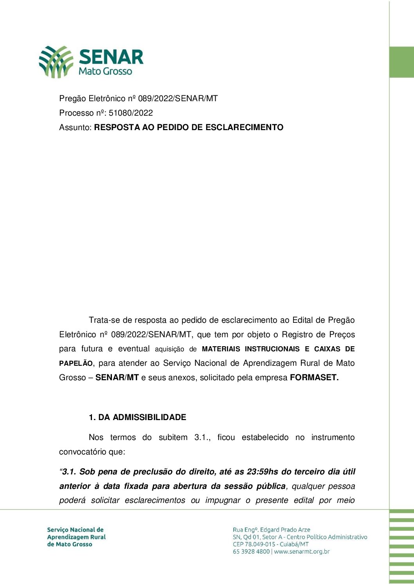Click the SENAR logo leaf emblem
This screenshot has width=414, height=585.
[56, 61]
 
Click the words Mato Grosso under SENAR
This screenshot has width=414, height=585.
[105, 72]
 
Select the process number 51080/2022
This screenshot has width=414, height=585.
[131, 113]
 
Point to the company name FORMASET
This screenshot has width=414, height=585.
[314, 377]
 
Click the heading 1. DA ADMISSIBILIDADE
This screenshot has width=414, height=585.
[137, 417]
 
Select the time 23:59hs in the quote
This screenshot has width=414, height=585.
[262, 472]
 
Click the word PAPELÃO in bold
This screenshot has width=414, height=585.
[76, 363]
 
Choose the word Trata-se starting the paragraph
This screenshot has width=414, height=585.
[104, 320]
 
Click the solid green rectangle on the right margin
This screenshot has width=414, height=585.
[401, 62]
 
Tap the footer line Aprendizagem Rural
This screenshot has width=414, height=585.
[76, 537]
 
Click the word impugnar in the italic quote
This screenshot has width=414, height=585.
[223, 501]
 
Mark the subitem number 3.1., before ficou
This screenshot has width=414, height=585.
[202, 437]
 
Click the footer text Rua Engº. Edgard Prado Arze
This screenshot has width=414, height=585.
[271, 530]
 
